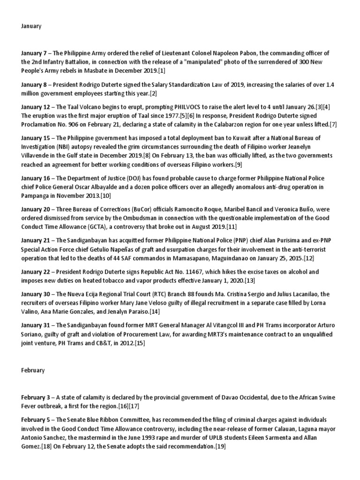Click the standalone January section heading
[31, 26]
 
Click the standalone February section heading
[33, 370]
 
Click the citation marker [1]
[162, 71]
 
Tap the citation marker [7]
[333, 125]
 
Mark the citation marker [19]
[220, 447]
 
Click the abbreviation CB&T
[111, 344]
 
